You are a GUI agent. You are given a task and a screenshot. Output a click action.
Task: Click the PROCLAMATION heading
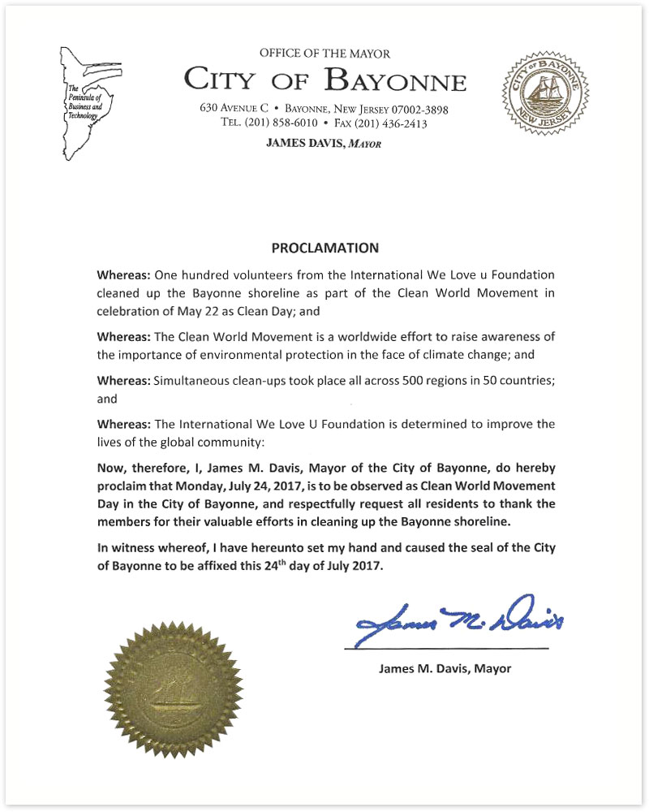pos(324,247)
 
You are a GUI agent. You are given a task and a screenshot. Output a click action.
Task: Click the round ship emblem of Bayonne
pos(544,90)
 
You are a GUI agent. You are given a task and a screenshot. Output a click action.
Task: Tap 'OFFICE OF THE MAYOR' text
pos(324,54)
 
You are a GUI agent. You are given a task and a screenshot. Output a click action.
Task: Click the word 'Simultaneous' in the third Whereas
pos(187,379)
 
